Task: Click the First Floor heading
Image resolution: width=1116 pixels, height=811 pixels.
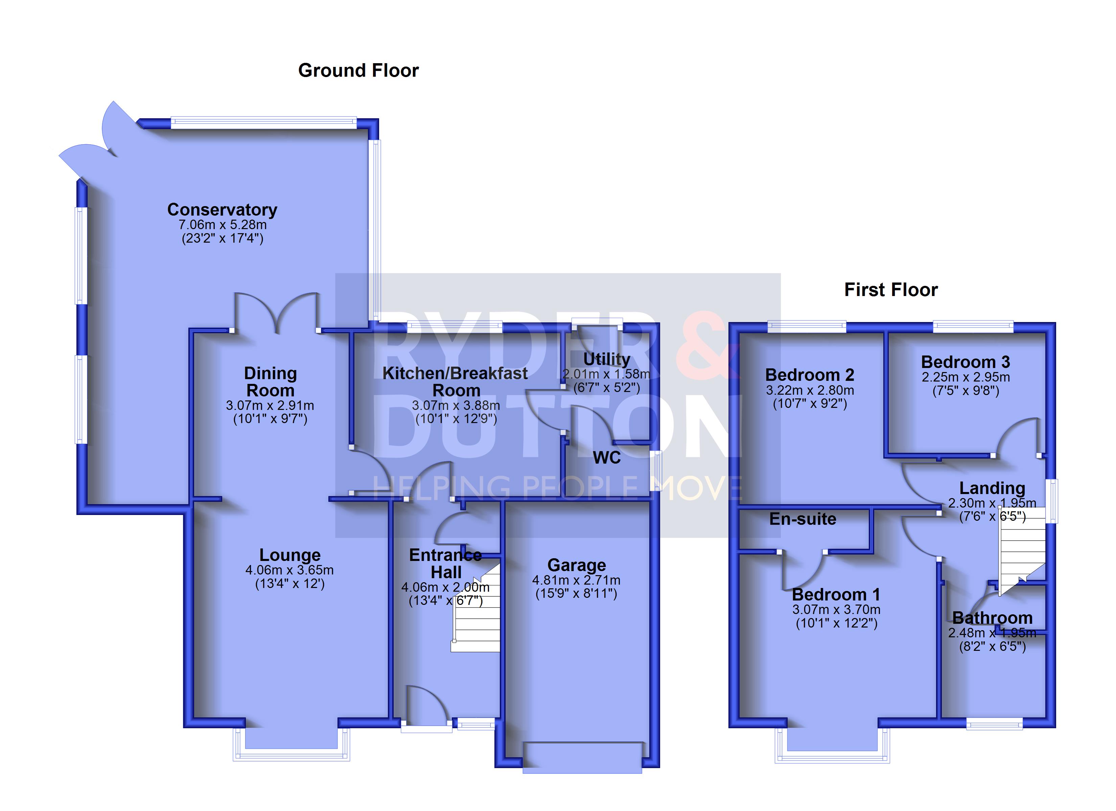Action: pos(891,290)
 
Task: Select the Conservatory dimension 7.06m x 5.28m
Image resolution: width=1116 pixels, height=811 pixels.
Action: pos(223,225)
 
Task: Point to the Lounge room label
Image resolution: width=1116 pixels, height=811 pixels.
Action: pos(290,555)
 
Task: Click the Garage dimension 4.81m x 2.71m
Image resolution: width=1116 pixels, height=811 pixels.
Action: pos(576,580)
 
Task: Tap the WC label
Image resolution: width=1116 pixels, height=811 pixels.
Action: pos(607,458)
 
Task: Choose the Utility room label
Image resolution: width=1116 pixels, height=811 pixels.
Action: pos(607,360)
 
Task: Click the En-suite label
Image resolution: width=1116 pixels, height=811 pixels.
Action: pos(803,519)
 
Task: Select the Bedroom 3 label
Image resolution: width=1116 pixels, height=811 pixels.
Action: pos(966,362)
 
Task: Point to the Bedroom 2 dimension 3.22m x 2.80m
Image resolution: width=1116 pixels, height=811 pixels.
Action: pos(810,391)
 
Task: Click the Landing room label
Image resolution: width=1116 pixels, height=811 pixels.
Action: pos(992,488)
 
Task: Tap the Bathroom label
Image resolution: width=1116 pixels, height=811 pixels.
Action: pos(992,618)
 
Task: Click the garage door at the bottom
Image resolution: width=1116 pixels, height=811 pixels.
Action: pos(582,758)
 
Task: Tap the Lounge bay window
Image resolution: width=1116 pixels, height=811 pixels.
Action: pos(291,745)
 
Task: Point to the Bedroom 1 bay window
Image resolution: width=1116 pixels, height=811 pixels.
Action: pos(832,746)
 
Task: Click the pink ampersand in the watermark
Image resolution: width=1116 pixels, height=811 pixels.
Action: pos(707,344)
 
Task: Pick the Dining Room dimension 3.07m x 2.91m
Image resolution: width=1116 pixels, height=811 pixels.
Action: pos(270,406)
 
